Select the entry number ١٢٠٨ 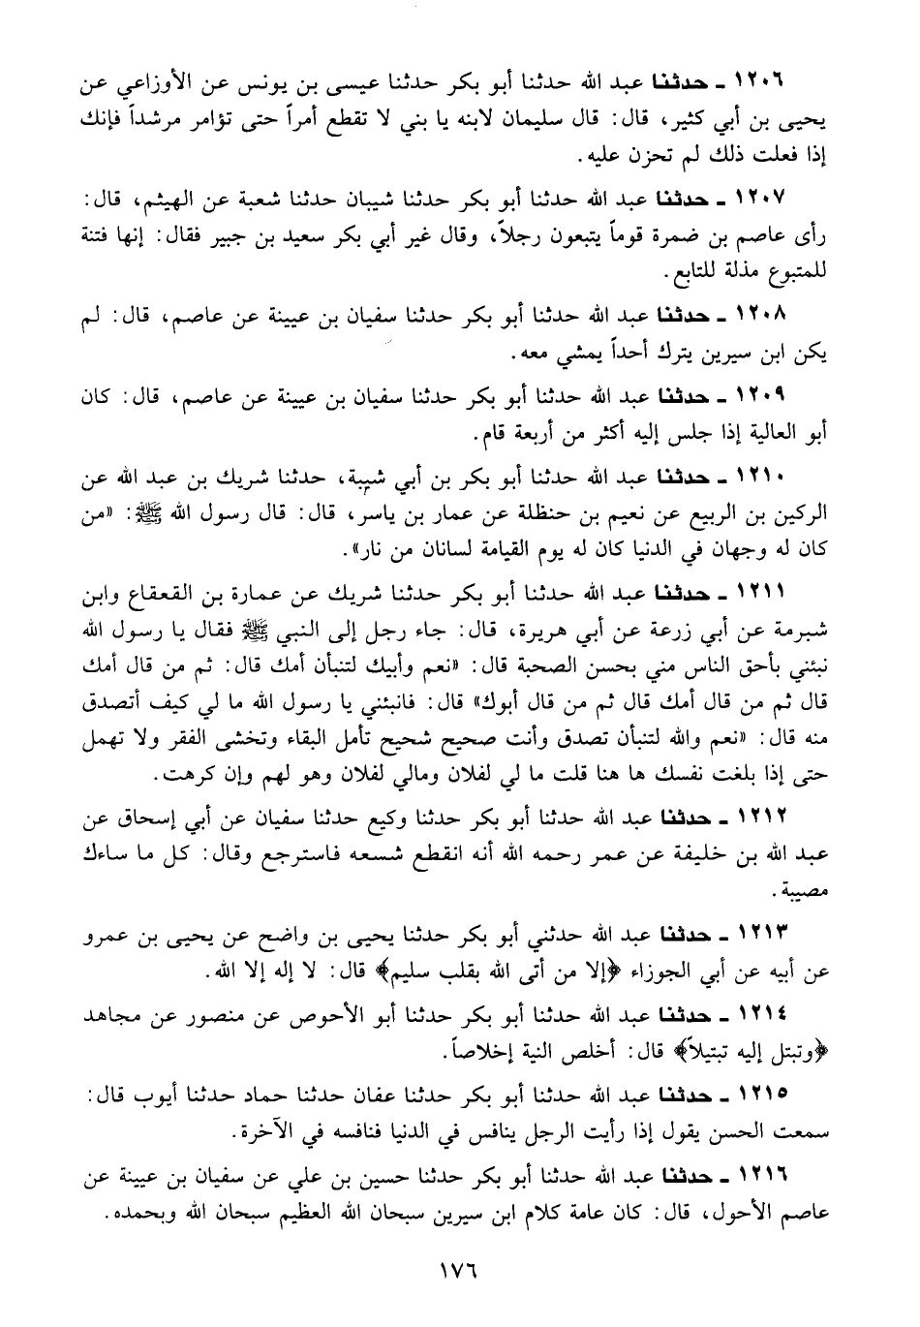click(764, 318)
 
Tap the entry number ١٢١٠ click(764, 479)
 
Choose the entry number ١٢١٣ click(764, 937)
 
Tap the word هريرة click(539, 629)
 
